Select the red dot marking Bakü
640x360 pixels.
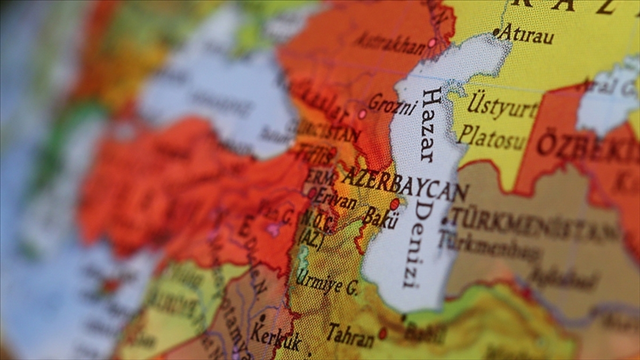(395, 204)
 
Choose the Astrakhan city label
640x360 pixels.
(390, 43)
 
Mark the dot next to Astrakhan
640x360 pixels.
(432, 43)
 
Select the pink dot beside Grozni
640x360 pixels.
(362, 114)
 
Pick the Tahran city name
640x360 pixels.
(350, 335)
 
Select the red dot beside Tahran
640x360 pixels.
(382, 333)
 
